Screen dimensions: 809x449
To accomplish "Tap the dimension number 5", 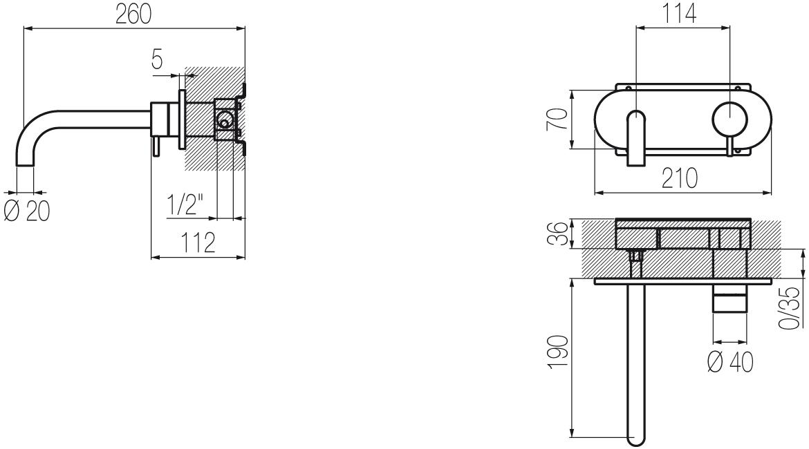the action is (158, 59).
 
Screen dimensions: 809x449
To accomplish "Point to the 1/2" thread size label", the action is (184, 206).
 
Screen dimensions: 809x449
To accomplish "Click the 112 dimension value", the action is (198, 242).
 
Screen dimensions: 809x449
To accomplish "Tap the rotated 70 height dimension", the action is (558, 119).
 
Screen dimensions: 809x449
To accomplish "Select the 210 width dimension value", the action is (680, 178).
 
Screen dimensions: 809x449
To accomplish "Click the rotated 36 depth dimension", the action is (559, 234).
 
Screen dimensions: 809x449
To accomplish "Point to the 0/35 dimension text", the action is (790, 308).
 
